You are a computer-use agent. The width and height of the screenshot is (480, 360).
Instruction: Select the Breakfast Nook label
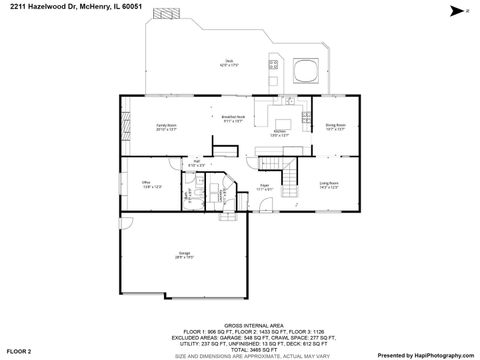click(232, 119)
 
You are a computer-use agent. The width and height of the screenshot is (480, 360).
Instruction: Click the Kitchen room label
click(281, 133)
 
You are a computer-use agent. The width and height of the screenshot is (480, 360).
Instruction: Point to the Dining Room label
click(335, 127)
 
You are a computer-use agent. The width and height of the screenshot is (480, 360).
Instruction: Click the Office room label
click(146, 183)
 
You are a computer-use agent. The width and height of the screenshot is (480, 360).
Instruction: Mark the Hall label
click(198, 162)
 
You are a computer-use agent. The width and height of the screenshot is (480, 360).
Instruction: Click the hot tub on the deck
click(306, 71)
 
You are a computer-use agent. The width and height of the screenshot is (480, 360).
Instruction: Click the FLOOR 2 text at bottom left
click(20, 352)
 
